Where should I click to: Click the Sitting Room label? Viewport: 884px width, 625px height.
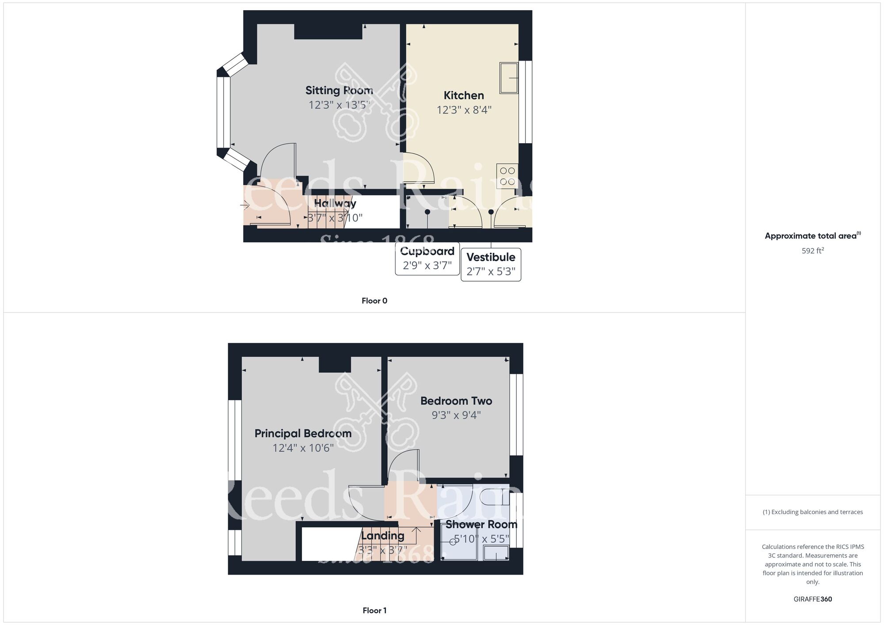339,91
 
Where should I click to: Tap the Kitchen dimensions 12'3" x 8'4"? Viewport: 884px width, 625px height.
464,110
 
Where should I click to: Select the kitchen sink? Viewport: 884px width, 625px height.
509,78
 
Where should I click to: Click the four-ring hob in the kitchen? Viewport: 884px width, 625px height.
507,176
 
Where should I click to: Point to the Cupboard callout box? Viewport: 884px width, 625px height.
427,259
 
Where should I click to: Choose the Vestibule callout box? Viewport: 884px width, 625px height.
491,264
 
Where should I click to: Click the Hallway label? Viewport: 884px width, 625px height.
335,203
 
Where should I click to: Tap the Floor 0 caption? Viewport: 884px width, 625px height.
374,301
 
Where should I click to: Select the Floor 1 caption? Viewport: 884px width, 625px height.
374,611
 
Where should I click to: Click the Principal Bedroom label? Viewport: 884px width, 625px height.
303,434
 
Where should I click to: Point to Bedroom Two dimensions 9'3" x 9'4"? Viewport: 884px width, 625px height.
456,415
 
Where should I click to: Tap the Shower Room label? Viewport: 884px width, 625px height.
481,525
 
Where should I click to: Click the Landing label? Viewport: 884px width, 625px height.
383,536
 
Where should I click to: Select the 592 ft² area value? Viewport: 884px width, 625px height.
813,251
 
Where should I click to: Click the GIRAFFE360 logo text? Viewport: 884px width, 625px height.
813,599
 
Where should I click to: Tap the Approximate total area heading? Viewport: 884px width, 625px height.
813,236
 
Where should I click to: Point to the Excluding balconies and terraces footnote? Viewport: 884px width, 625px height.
813,512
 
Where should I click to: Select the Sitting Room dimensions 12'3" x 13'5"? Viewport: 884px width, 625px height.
339,105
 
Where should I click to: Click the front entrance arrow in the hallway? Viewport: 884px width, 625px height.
245,205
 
